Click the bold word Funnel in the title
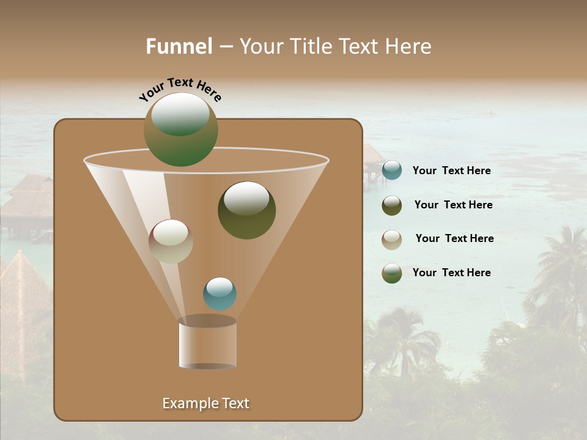tap(179, 46)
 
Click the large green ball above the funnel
tap(180, 130)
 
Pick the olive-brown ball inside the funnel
tap(246, 210)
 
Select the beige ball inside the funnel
tap(171, 241)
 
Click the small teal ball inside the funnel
tap(220, 294)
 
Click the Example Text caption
tap(205, 403)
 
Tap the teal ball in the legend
tap(392, 170)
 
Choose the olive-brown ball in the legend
tap(392, 205)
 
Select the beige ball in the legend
tap(392, 240)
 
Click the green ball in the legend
tap(392, 273)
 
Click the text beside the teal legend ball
tap(451, 171)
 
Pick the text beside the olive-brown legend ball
tap(453, 205)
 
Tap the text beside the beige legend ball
tap(454, 239)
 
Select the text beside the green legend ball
tap(451, 273)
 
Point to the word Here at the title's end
tap(409, 46)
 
